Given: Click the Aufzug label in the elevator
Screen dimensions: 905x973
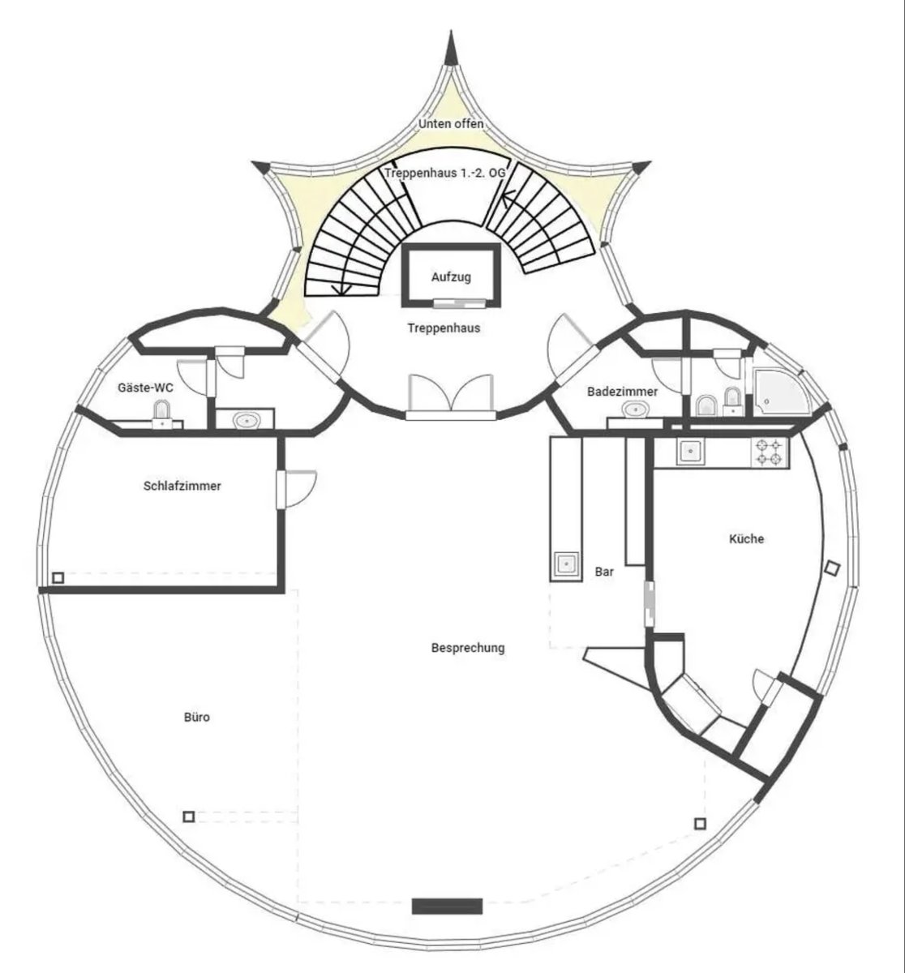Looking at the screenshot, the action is pyautogui.click(x=451, y=277).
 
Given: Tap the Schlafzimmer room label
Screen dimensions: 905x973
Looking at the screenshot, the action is pyautogui.click(x=182, y=486).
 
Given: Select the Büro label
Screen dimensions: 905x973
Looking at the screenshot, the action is pyautogui.click(x=197, y=718).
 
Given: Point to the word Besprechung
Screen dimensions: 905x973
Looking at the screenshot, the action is pyautogui.click(x=468, y=648).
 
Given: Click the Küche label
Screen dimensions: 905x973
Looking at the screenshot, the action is pyautogui.click(x=746, y=539).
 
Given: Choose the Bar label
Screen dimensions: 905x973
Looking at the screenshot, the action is pyautogui.click(x=604, y=572).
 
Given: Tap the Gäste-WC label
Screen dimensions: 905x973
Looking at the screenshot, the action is pyautogui.click(x=145, y=388).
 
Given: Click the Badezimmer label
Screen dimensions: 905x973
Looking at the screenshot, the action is pyautogui.click(x=622, y=392).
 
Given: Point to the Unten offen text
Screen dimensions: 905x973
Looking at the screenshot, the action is pyautogui.click(x=451, y=124).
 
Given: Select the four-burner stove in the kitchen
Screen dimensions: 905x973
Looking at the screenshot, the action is pyautogui.click(x=768, y=452).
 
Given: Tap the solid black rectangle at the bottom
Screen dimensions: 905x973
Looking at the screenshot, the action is pyautogui.click(x=447, y=906).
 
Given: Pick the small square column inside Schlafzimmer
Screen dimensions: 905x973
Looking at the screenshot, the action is pyautogui.click(x=58, y=577).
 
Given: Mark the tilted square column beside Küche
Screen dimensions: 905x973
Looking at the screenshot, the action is pyautogui.click(x=832, y=568).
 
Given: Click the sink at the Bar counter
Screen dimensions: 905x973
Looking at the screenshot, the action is pyautogui.click(x=566, y=564).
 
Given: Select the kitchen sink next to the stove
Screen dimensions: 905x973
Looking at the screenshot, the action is pyautogui.click(x=691, y=450).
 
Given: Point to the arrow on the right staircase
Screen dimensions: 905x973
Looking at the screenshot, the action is pyautogui.click(x=508, y=196).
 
